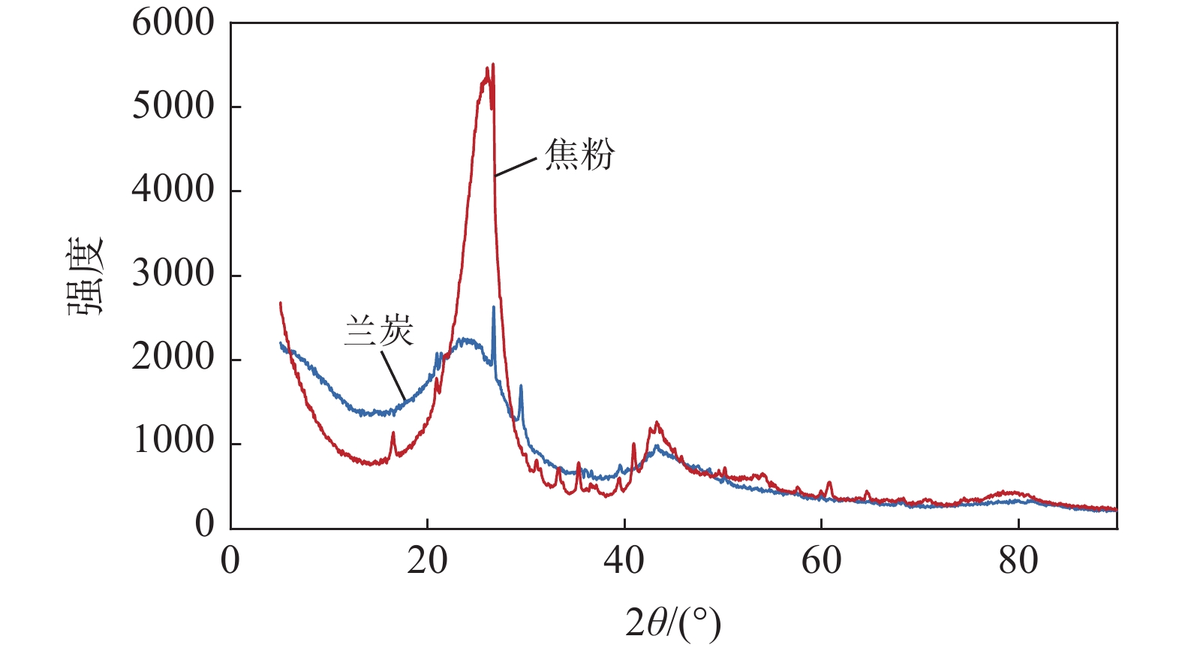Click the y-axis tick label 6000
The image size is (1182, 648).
(x=173, y=23)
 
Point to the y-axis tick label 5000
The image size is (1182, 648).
(x=173, y=107)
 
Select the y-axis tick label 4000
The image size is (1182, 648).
(x=173, y=190)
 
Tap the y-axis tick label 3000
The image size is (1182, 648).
(x=173, y=275)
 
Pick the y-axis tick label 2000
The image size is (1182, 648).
(x=173, y=358)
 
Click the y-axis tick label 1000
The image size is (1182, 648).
(x=173, y=442)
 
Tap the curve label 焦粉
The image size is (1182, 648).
(x=579, y=154)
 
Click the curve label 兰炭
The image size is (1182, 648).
(x=379, y=330)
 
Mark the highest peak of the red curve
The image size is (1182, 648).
(x=492, y=65)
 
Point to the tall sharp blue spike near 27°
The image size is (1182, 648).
(x=493, y=307)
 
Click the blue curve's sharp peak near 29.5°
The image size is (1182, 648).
(x=521, y=386)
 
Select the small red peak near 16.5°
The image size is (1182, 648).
(x=392, y=433)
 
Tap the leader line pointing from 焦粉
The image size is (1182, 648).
(x=516, y=167)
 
